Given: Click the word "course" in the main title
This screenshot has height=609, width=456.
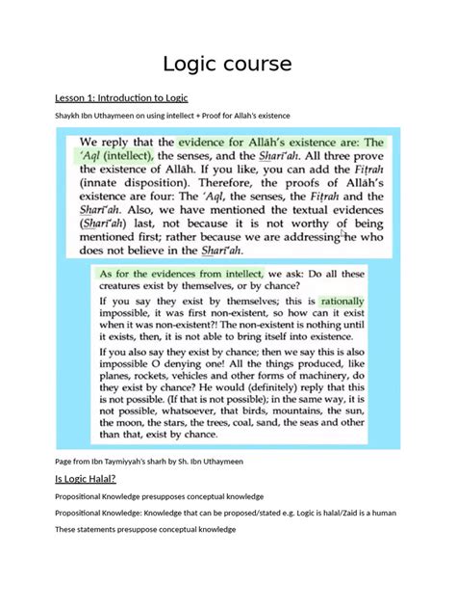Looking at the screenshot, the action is pos(256,65).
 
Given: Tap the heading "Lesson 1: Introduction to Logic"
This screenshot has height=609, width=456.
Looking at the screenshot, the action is pos(122,98).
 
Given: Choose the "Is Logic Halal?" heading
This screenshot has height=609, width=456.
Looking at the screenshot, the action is pos(85,479).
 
